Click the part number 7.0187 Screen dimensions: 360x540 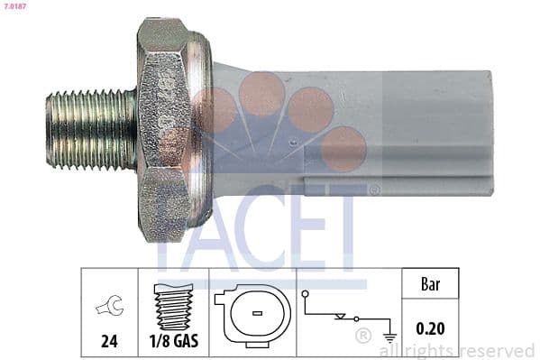(15, 7)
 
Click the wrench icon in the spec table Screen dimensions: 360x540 (109, 308)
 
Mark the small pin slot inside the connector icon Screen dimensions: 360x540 (257, 314)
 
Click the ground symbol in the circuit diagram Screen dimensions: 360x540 (389, 331)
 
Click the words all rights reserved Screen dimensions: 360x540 (457, 350)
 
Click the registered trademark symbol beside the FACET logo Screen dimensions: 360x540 (374, 189)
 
